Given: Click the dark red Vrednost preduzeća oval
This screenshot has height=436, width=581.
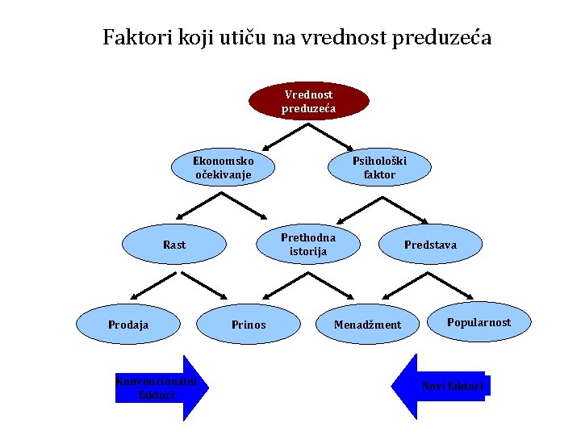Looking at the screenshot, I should (308, 101).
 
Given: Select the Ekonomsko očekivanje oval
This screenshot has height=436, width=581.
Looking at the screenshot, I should (223, 167).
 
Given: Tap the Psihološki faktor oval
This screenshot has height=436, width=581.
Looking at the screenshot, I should (379, 167).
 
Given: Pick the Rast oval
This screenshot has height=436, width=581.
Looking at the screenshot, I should (174, 245).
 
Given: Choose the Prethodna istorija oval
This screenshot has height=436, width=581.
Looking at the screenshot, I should (308, 244).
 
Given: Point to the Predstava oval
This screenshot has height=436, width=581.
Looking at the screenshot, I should (430, 245).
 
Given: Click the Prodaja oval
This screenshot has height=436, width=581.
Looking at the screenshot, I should (128, 325).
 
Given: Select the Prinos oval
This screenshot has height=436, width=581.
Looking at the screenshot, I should (249, 325).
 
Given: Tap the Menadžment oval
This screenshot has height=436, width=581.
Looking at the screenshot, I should (368, 325).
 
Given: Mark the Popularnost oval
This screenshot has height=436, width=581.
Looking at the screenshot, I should (479, 322).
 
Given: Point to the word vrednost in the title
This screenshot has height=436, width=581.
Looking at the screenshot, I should (341, 38).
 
